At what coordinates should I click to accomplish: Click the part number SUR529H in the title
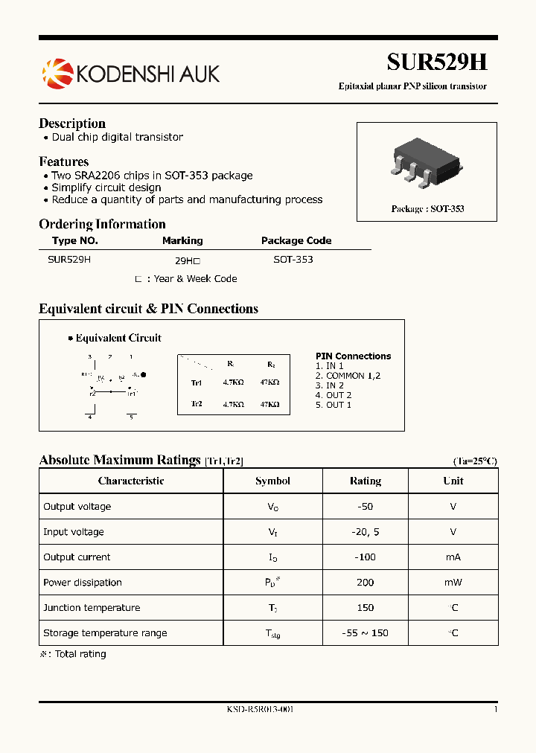(x=436, y=62)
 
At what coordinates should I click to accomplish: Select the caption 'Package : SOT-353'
(x=427, y=209)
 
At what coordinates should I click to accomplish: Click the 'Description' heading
(x=72, y=124)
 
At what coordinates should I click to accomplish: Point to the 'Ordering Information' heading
(x=102, y=224)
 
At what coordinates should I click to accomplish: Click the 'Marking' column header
(x=182, y=240)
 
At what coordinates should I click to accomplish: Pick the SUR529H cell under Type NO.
(x=69, y=260)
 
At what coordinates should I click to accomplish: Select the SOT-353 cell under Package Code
(x=293, y=260)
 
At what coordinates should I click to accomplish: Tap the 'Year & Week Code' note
(x=195, y=279)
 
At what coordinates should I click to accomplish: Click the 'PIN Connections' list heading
(x=353, y=356)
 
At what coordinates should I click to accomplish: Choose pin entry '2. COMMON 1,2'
(x=348, y=376)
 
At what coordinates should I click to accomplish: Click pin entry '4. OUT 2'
(x=334, y=395)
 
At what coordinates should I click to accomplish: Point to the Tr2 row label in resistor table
(x=197, y=404)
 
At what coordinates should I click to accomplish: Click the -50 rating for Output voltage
(x=365, y=507)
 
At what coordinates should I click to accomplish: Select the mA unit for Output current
(x=453, y=557)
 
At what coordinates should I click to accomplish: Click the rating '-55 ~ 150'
(x=365, y=633)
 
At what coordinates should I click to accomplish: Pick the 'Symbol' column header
(x=272, y=481)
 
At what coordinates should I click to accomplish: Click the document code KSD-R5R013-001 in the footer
(x=260, y=710)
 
